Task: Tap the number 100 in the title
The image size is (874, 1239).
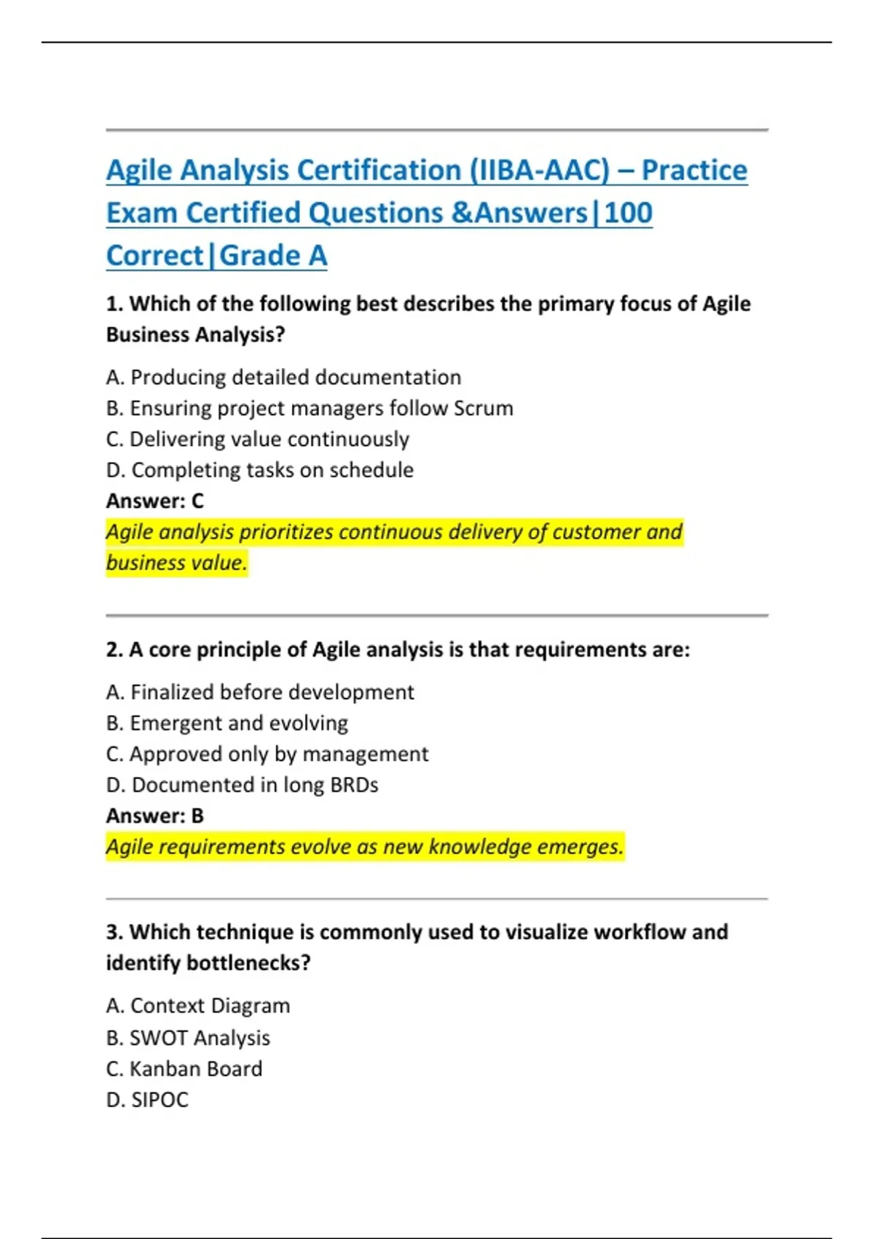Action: pos(628,213)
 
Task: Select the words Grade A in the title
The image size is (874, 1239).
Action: pos(273,256)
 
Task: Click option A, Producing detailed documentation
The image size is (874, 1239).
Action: pos(283,378)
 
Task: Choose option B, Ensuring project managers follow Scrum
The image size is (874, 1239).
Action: pos(310,408)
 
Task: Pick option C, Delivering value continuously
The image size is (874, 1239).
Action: pos(257,439)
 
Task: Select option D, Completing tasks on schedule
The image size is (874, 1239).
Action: pos(259,470)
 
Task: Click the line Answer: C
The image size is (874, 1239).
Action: pos(154,501)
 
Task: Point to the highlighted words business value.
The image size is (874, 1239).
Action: pos(176,563)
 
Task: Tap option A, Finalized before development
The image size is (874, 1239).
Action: pos(259,692)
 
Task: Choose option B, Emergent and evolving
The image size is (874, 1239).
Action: pos(227,723)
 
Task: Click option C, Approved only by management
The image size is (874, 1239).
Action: pos(267,754)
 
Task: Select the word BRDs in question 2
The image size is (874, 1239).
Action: pos(354,785)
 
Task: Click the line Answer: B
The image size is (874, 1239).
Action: pos(154,816)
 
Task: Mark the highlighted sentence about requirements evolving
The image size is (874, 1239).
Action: pos(364,847)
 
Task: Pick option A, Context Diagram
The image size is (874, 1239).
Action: pos(197,1006)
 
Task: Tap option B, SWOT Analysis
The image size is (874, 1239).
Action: pos(188,1038)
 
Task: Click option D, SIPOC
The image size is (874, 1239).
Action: pos(147,1100)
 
